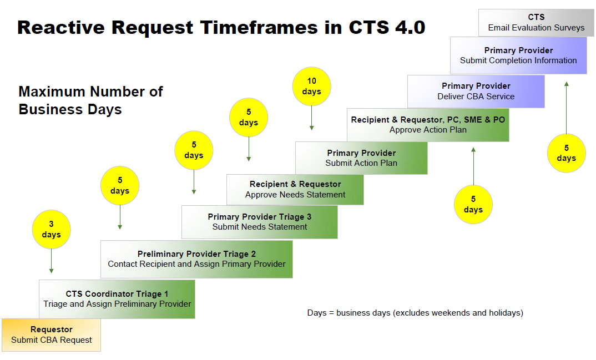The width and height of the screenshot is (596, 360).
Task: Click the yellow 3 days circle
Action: point(51,230)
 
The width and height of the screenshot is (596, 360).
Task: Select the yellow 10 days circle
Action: point(311,86)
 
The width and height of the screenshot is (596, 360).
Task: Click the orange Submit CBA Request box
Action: point(51,334)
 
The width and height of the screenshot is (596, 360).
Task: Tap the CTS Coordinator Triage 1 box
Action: point(117,299)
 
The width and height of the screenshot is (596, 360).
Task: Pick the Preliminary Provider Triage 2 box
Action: point(196,259)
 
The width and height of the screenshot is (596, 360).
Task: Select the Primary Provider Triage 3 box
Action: point(259,222)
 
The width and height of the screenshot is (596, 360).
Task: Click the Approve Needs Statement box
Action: point(295,189)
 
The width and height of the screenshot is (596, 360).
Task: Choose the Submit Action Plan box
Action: point(361,158)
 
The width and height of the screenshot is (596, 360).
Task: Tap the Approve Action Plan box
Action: point(428,125)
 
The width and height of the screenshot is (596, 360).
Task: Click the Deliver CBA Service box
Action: point(476,92)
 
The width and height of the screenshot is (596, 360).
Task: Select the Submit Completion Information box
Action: point(518,55)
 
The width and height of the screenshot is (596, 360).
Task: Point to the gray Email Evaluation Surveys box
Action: point(536,23)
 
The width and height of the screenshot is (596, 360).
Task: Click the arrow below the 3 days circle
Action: point(51,261)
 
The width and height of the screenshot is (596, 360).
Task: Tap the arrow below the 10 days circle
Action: point(311,118)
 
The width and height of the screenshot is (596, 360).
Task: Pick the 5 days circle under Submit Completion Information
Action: point(566,153)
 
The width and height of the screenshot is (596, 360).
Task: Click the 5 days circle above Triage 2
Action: point(119,186)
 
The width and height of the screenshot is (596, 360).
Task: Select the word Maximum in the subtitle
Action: point(52,92)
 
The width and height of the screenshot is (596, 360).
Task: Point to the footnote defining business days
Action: point(415,313)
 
